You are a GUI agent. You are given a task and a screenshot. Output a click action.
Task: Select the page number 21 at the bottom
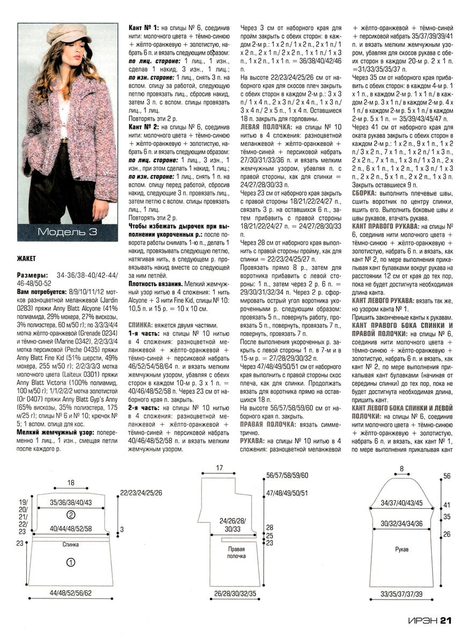coord(447,621)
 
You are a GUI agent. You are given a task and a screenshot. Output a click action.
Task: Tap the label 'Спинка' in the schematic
coord(70,544)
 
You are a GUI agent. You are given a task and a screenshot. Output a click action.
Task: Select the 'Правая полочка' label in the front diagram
coord(236,553)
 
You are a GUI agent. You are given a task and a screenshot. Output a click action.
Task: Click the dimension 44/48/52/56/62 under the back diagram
coord(70,594)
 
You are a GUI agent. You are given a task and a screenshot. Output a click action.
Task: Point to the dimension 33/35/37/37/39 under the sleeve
coord(401,595)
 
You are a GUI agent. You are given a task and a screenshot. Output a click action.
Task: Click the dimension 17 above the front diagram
coord(219,468)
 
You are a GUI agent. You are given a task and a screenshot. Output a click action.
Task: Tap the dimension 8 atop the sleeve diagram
coord(401,469)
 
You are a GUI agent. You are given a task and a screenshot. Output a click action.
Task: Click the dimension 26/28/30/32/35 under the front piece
coord(235,594)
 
